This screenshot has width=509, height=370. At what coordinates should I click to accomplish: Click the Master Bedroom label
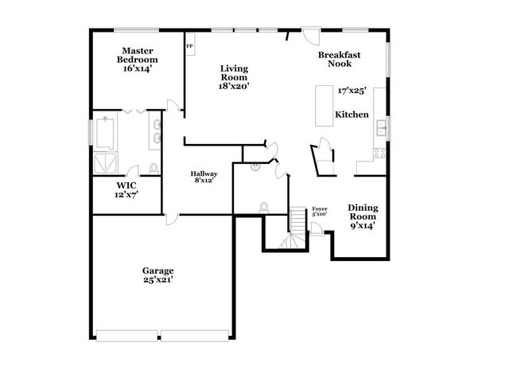pyautogui.click(x=137, y=60)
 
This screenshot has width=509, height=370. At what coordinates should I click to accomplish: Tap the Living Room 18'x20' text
pyautogui.click(x=235, y=77)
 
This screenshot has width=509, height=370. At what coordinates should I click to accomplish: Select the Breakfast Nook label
pyautogui.click(x=340, y=59)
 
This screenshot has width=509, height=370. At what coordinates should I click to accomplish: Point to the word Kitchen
pyautogui.click(x=352, y=115)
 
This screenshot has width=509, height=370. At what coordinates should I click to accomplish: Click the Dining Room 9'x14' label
pyautogui.click(x=362, y=216)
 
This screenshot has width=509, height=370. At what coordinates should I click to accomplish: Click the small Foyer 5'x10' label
pyautogui.click(x=320, y=212)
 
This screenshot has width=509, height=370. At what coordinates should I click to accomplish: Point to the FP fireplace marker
pyautogui.click(x=189, y=47)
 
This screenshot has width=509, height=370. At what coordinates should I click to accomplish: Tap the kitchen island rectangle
pyautogui.click(x=324, y=105)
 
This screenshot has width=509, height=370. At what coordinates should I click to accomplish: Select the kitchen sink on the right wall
pyautogui.click(x=381, y=126)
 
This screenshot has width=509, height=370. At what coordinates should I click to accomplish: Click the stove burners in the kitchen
pyautogui.click(x=380, y=151)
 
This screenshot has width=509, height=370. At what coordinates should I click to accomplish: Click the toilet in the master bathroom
pyautogui.click(x=153, y=168)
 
